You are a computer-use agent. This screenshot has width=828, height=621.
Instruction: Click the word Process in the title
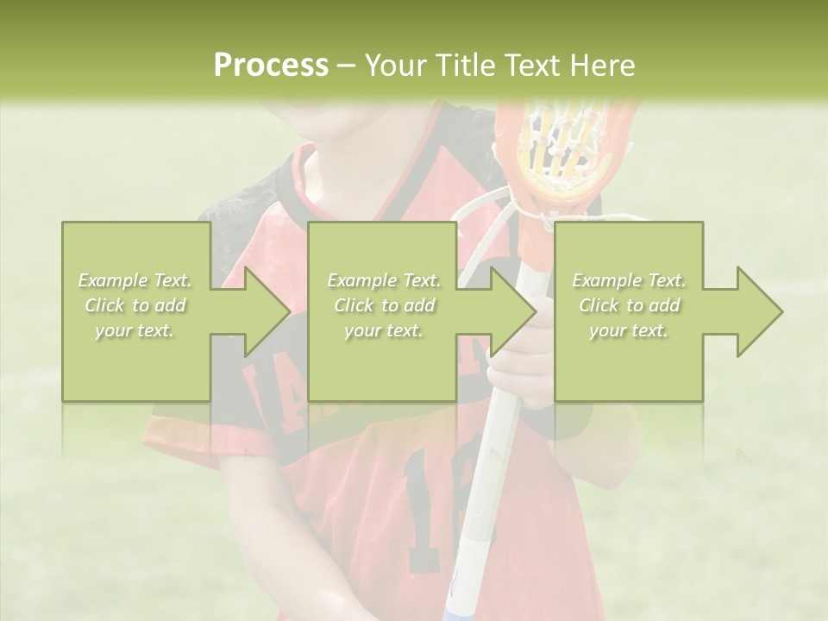[271, 66]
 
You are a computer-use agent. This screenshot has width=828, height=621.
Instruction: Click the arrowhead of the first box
[264, 311]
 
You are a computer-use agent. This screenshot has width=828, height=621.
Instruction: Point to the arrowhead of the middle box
[511, 311]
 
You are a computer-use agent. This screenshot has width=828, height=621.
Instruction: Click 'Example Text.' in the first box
[135, 280]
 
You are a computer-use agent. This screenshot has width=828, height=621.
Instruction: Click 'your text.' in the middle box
[383, 330]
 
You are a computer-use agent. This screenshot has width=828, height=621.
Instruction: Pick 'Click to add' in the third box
[629, 305]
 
